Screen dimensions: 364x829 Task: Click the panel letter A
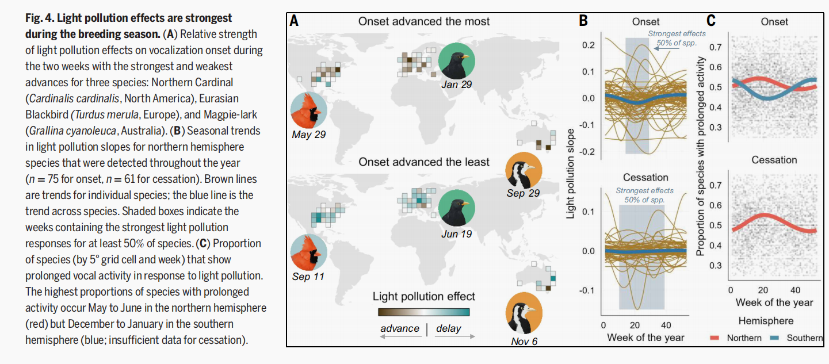tap(294, 21)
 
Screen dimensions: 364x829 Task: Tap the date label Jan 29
tap(457, 85)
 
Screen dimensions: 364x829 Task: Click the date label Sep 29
tap(523, 193)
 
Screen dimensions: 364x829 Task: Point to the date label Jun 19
tap(457, 233)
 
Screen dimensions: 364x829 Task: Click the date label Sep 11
tap(308, 277)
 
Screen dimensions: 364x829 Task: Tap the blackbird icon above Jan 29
tap(457, 62)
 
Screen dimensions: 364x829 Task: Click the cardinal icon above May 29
tap(308, 110)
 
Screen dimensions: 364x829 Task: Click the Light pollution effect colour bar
tap(424, 312)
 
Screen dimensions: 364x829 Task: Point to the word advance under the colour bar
tap(400, 328)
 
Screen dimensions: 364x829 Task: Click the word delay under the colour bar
tap(449, 328)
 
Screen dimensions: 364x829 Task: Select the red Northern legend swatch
tap(716, 338)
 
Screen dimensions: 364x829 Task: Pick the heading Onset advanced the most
tap(424, 21)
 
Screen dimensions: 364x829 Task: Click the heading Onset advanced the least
tap(424, 162)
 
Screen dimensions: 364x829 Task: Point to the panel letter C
tap(711, 21)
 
